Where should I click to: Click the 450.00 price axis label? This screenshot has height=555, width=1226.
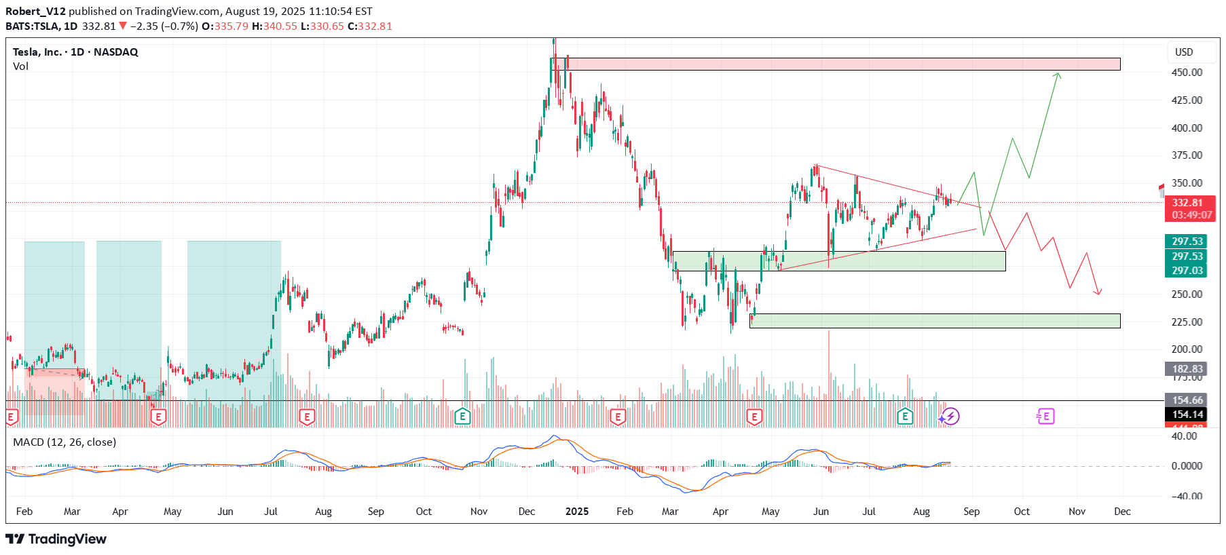pos(1187,73)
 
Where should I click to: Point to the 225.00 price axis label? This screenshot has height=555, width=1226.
pos(1187,322)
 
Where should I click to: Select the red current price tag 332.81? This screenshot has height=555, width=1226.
pos(1187,203)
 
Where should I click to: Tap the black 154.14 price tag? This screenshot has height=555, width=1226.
pos(1187,415)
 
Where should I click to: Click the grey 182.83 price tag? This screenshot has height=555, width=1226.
pos(1187,369)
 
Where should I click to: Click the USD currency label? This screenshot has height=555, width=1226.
pos(1184,52)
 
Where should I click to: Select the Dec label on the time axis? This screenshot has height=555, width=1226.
pos(1122,512)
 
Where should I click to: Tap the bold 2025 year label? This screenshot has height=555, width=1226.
pos(577,512)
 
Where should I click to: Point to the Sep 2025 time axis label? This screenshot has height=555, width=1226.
pos(971,512)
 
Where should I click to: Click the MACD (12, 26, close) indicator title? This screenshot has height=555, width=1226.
pos(64,442)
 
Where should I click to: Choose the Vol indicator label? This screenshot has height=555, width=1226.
pos(20,66)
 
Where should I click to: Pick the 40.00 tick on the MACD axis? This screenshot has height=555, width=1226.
pos(1185,436)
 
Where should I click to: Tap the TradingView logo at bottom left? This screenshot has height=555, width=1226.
pos(56,539)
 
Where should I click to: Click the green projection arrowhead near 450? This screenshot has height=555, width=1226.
pos(1058,75)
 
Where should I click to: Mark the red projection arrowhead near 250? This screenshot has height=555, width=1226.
pos(1098,293)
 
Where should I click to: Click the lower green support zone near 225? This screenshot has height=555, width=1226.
pos(935,321)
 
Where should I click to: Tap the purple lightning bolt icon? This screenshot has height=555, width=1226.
pos(950,416)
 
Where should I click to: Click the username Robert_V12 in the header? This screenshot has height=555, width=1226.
pos(35,11)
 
